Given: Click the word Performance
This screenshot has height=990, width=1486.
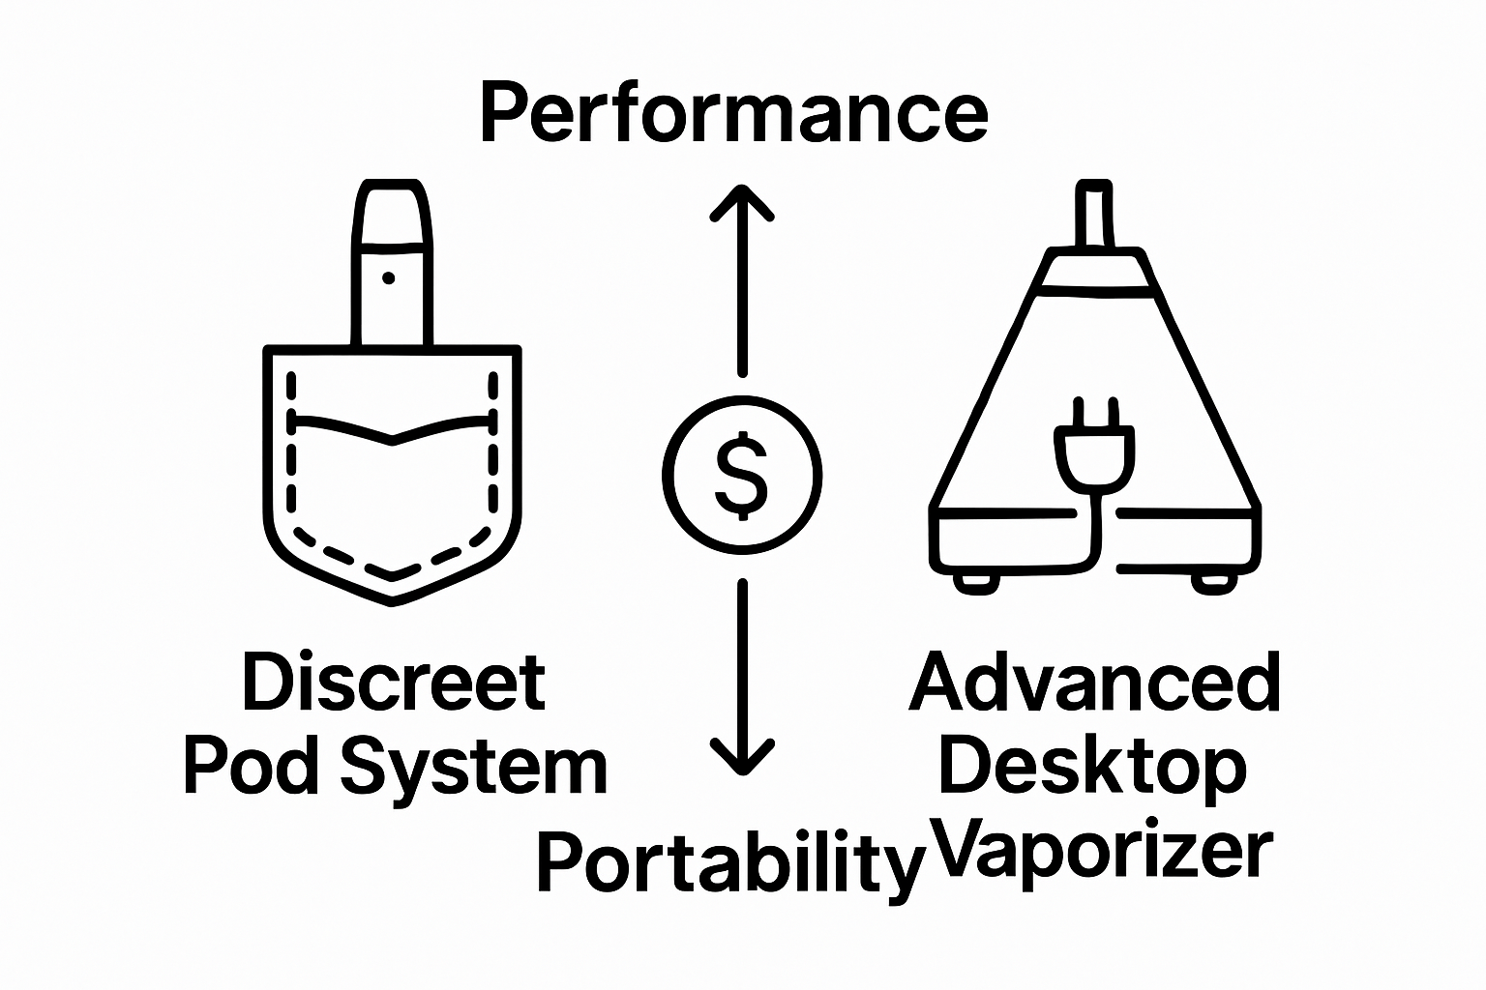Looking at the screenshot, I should click(733, 114).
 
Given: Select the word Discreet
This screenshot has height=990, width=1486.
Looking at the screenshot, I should click(394, 683).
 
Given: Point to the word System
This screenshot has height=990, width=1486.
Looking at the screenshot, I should click(474, 769).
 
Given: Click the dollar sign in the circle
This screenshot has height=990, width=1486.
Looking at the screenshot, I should click(741, 476).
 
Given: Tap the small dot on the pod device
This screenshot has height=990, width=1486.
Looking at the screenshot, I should click(389, 278).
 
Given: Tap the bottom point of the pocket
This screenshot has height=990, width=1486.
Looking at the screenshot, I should click(392, 601).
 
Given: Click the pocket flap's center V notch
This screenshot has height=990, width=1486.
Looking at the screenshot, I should click(392, 443).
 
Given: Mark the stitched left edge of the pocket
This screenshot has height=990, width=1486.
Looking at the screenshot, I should click(291, 454).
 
